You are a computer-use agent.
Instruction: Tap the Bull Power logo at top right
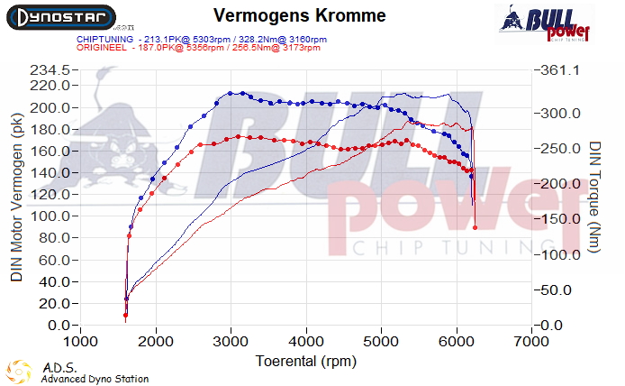click(x=546, y=23)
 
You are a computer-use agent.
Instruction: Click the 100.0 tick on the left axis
click(x=51, y=216)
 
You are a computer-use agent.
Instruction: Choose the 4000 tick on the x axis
click(x=306, y=342)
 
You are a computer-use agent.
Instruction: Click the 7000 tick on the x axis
click(x=531, y=342)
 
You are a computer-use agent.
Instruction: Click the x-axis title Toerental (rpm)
click(x=301, y=361)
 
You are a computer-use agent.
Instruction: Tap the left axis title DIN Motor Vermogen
click(x=17, y=202)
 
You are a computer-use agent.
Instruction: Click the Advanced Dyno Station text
click(x=95, y=379)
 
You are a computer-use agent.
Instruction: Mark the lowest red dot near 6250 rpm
click(x=475, y=227)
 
